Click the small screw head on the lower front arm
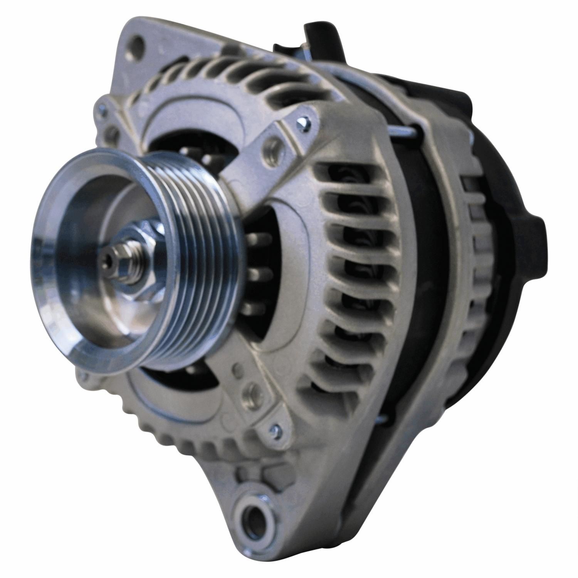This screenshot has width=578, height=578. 273,428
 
